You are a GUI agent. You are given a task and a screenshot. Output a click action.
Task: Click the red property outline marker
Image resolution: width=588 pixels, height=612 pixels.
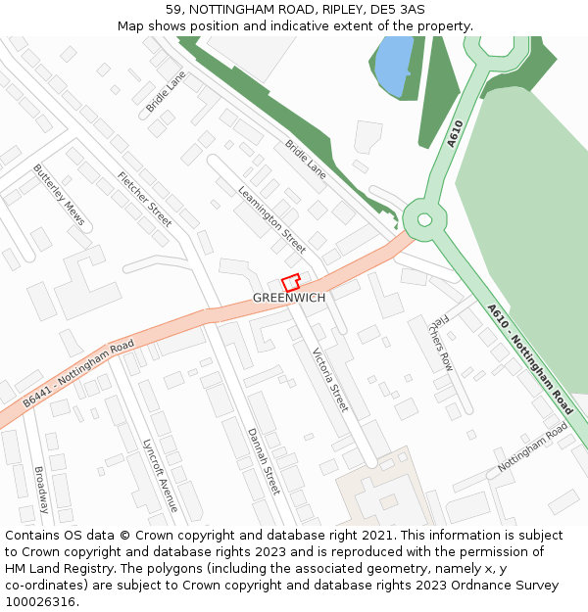tap(291, 282)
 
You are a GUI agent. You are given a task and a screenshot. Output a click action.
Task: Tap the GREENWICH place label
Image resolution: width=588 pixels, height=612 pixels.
tap(289, 298)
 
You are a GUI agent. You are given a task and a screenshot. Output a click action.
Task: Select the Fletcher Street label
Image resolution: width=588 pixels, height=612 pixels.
tap(145, 199)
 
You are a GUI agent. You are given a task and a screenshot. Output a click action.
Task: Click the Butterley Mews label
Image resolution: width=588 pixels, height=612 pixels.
tap(59, 194)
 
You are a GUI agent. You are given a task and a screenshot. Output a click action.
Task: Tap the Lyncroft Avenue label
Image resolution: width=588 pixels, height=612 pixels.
tap(160, 475)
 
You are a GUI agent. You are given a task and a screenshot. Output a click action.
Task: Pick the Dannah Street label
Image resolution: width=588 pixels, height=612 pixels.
tap(264, 460)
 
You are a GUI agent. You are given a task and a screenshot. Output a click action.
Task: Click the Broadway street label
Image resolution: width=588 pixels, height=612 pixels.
tap(42, 490)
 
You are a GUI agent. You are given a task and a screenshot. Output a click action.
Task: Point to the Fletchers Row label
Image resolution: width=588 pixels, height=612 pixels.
tap(441, 343)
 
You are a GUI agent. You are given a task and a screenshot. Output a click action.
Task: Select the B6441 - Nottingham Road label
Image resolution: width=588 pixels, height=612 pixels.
tap(78, 375)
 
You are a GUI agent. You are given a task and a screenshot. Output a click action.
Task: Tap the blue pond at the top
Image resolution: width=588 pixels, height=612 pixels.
tap(393, 65)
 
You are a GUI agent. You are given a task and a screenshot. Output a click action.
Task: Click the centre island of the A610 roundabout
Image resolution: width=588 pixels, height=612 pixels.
tap(423, 219)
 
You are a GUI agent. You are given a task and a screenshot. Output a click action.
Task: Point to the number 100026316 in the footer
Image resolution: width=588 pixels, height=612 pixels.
tap(41, 602)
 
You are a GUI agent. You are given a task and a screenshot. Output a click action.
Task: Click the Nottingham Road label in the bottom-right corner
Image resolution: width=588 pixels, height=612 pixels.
tap(532, 447)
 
